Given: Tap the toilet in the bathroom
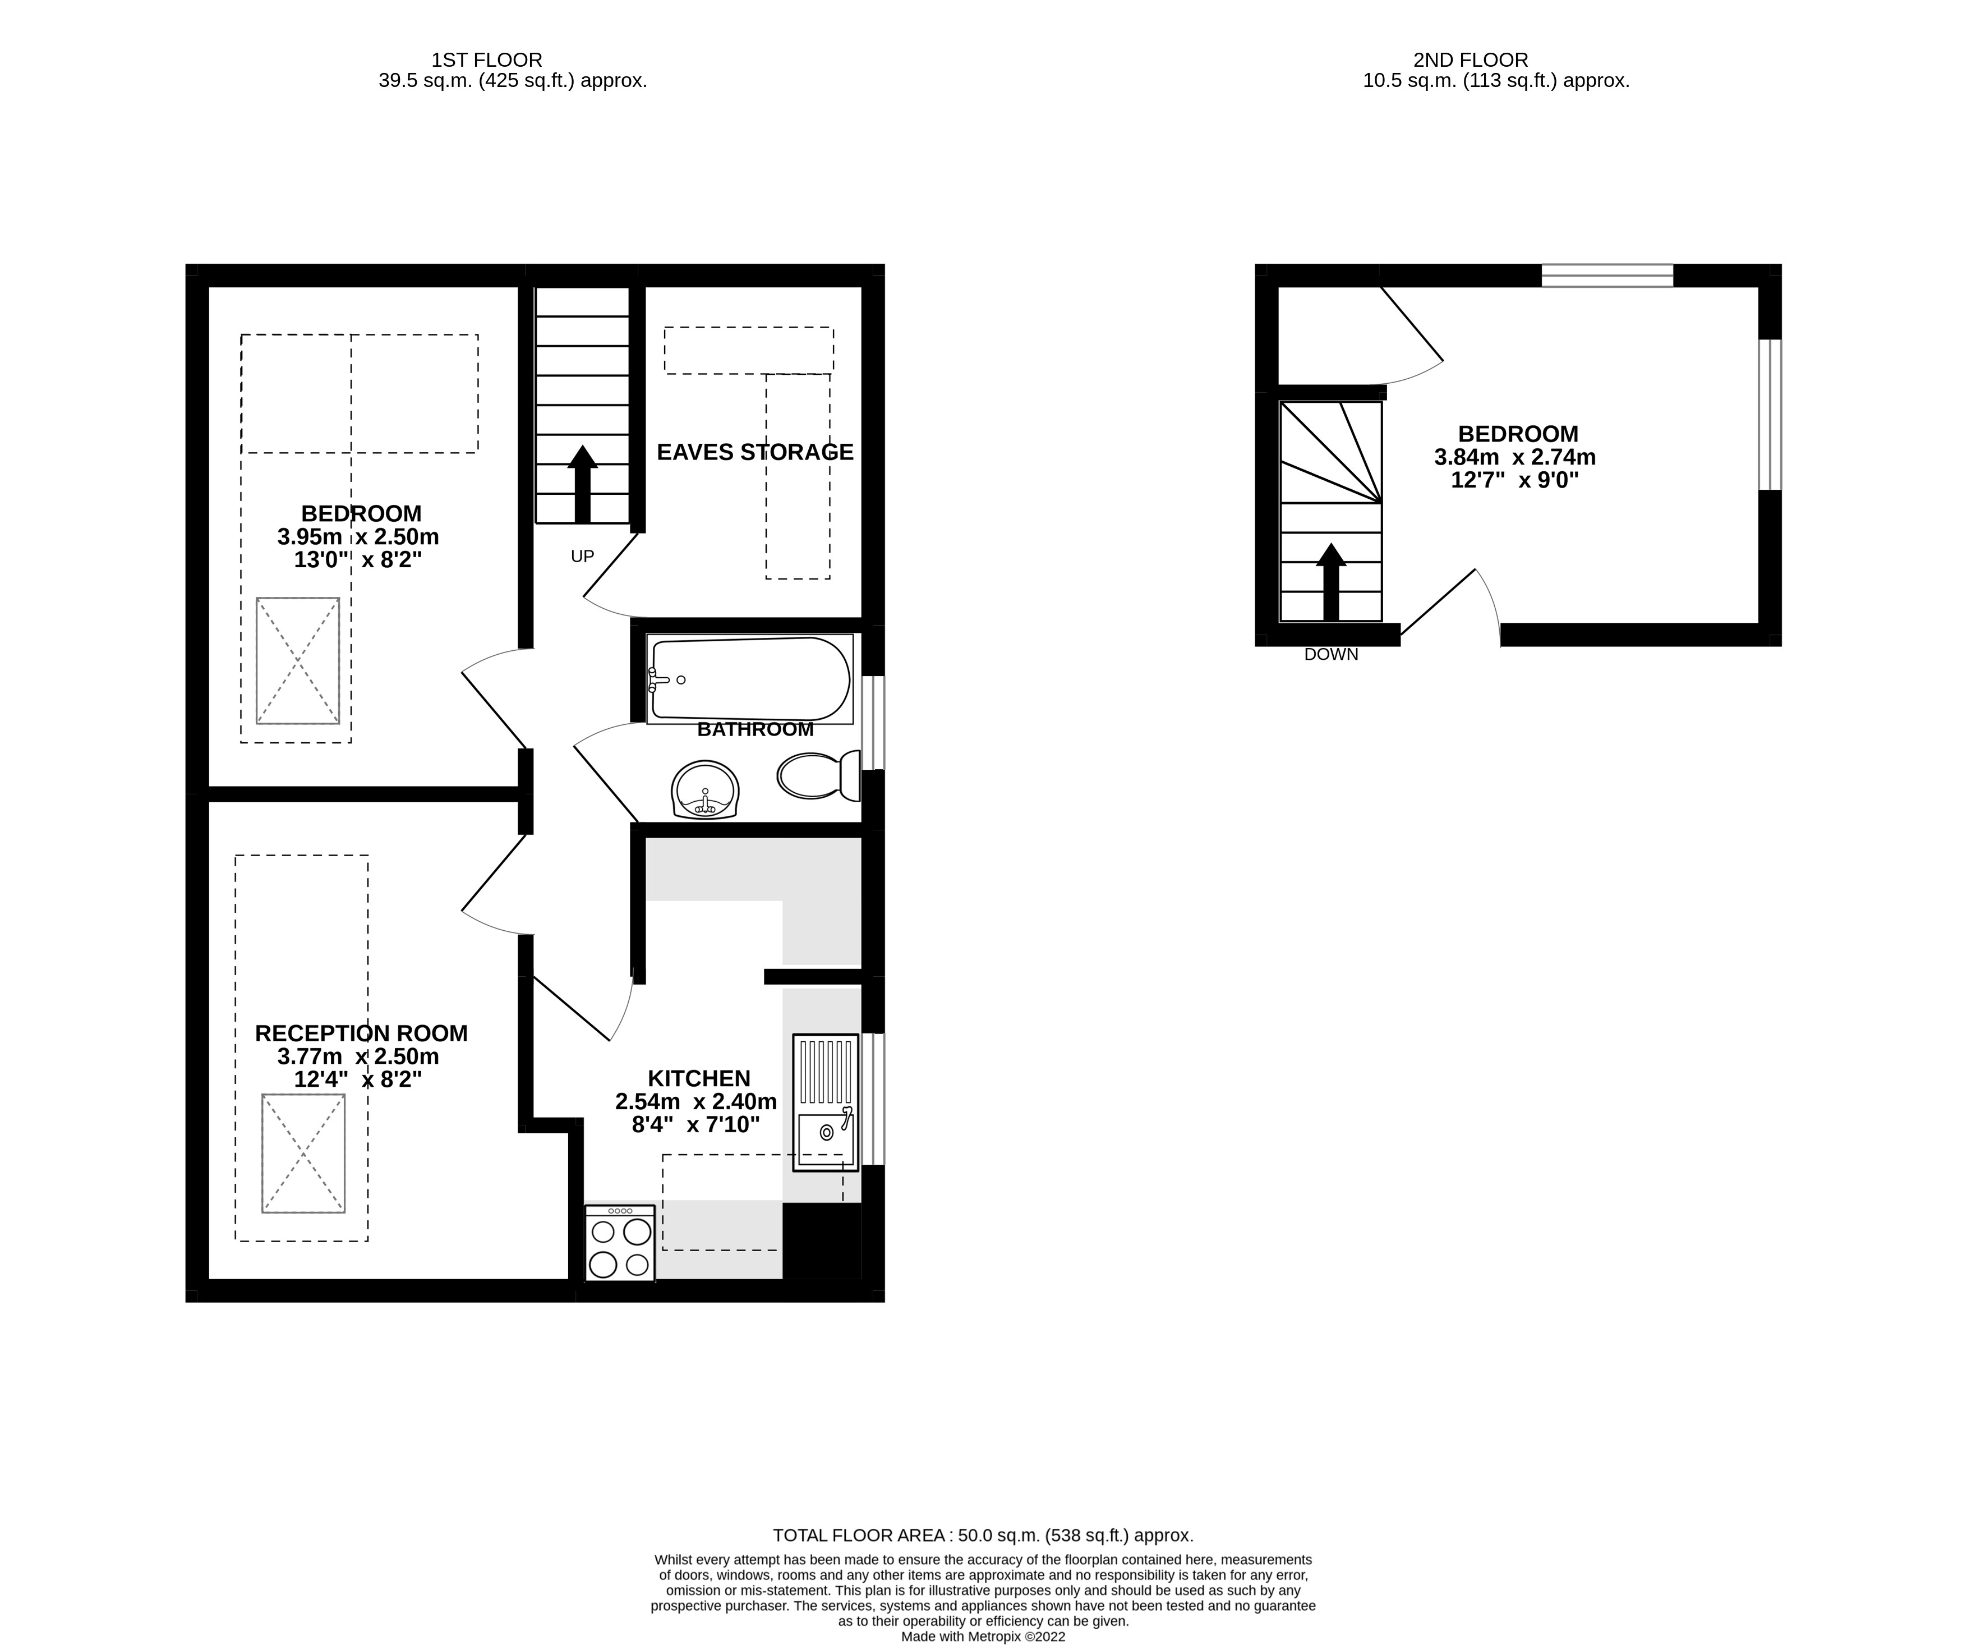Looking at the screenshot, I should (817, 776).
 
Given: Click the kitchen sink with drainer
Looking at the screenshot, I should (825, 1102).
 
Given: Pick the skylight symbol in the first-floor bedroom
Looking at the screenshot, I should (298, 660).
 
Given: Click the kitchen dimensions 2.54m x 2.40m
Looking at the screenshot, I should (696, 1102).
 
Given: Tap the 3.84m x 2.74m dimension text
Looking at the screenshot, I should (1514, 457).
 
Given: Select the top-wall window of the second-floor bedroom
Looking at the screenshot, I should (1607, 275).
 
